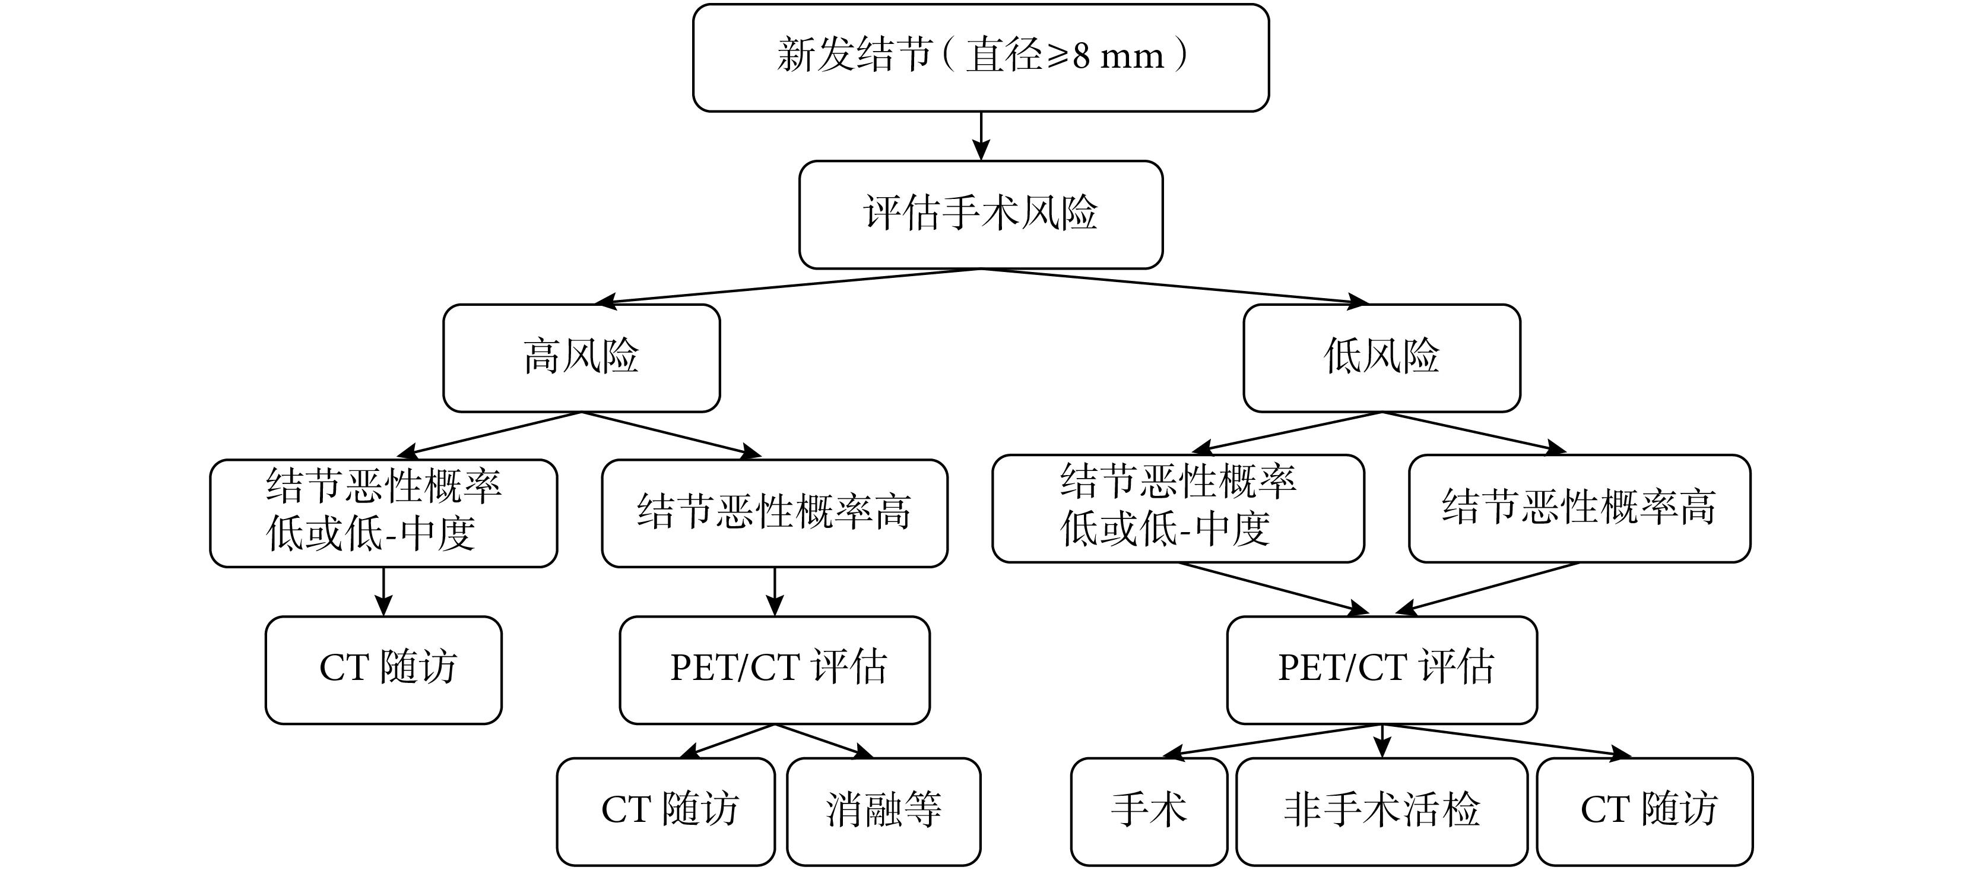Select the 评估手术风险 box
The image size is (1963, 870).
coord(981,214)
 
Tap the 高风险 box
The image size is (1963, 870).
coord(582,358)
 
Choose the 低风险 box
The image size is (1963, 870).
coord(1381,358)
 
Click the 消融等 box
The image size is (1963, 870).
coord(884,811)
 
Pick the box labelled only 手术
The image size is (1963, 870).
coord(1149,811)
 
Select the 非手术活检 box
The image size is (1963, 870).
coord(1381,811)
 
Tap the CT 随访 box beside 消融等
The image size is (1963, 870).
coord(666,811)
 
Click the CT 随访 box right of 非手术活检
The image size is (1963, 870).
coord(1645,811)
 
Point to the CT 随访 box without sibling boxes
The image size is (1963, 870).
coord(383,669)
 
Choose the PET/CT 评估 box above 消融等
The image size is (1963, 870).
coord(775,669)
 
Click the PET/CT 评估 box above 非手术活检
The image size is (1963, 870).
coord(1381,669)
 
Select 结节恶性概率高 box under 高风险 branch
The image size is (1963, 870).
coord(775,512)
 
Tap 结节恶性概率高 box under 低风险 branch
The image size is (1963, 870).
coord(1580,508)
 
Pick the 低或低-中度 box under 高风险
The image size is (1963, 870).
coord(383,512)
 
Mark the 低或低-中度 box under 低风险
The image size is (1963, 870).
coord(1178,508)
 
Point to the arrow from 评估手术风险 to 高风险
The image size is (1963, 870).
coord(785,286)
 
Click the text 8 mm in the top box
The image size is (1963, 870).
coord(1119,56)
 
